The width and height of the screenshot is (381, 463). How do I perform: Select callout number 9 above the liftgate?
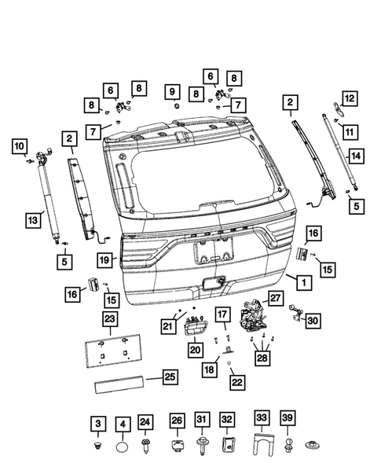point(173,92)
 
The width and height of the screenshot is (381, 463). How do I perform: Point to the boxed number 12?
point(347,99)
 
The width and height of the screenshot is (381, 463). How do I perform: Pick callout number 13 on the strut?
point(32,222)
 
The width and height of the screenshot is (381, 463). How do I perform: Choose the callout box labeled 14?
point(356,156)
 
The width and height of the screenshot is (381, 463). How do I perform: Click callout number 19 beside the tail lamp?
point(103,259)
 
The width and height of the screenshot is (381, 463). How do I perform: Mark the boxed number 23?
point(109,318)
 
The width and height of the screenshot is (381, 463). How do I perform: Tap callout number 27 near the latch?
point(275,299)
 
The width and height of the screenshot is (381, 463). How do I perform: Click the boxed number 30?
point(313,320)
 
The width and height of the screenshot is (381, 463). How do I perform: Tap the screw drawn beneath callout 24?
point(145,449)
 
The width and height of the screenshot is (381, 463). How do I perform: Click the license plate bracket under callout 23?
point(109,350)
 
